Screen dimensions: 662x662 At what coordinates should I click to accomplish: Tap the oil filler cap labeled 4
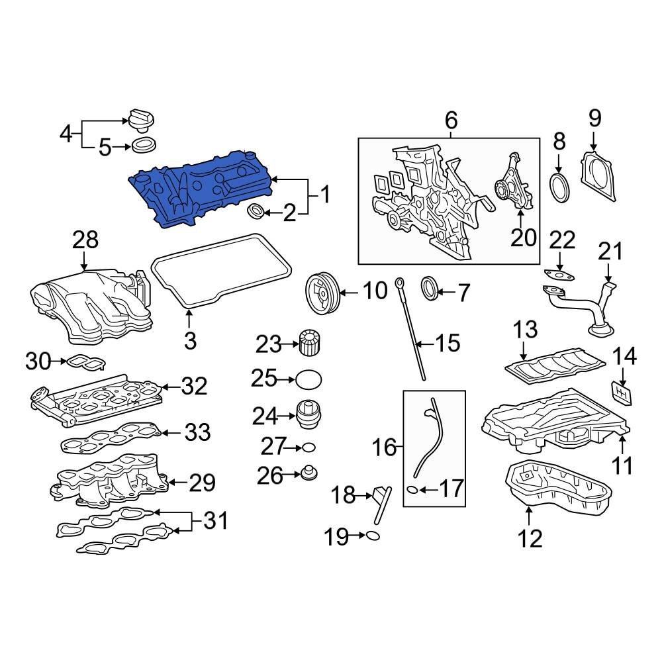pyautogui.click(x=140, y=120)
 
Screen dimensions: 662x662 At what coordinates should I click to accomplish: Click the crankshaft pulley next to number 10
pyautogui.click(x=321, y=291)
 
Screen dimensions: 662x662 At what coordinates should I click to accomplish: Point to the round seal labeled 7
pyautogui.click(x=432, y=289)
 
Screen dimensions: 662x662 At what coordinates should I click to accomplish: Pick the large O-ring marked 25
pyautogui.click(x=309, y=379)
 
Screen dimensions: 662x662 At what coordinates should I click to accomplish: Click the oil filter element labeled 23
pyautogui.click(x=309, y=344)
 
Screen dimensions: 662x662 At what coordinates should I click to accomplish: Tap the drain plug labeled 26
pyautogui.click(x=307, y=474)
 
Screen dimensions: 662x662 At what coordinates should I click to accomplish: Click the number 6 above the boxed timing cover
pyautogui.click(x=450, y=120)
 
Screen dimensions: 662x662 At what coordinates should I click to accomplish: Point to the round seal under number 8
pyautogui.click(x=560, y=187)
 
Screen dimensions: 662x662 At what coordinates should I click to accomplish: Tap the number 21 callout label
pyautogui.click(x=610, y=252)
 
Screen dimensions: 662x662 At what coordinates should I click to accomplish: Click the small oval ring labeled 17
pyautogui.click(x=411, y=491)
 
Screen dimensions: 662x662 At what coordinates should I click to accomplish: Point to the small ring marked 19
pyautogui.click(x=373, y=536)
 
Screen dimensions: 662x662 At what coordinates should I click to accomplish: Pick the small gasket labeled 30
pyautogui.click(x=85, y=362)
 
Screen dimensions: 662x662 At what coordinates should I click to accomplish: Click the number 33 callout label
pyautogui.click(x=197, y=433)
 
